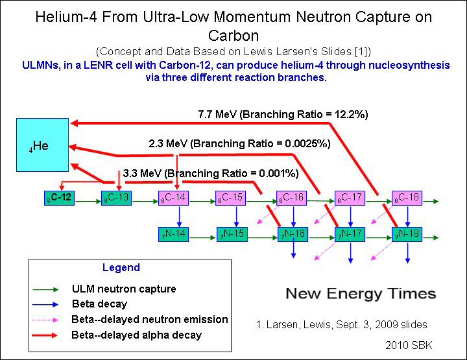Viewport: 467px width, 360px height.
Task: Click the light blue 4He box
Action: (x=43, y=145)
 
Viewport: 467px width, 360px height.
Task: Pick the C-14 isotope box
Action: (x=173, y=198)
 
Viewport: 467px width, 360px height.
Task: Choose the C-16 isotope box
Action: (x=292, y=198)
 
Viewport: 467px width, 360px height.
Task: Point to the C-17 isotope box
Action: (x=351, y=198)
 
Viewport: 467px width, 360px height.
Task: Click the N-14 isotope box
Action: (x=173, y=234)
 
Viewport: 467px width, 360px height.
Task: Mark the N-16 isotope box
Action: (x=292, y=234)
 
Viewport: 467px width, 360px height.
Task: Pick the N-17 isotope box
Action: (x=351, y=234)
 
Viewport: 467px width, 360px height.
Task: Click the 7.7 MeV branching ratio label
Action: (x=283, y=115)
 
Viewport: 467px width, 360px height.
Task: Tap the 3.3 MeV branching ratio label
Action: (x=211, y=174)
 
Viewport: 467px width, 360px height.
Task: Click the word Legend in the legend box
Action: (x=121, y=268)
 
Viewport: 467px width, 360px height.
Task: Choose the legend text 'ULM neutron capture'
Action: (x=124, y=289)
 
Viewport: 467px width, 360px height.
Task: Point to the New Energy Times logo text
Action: (x=361, y=294)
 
